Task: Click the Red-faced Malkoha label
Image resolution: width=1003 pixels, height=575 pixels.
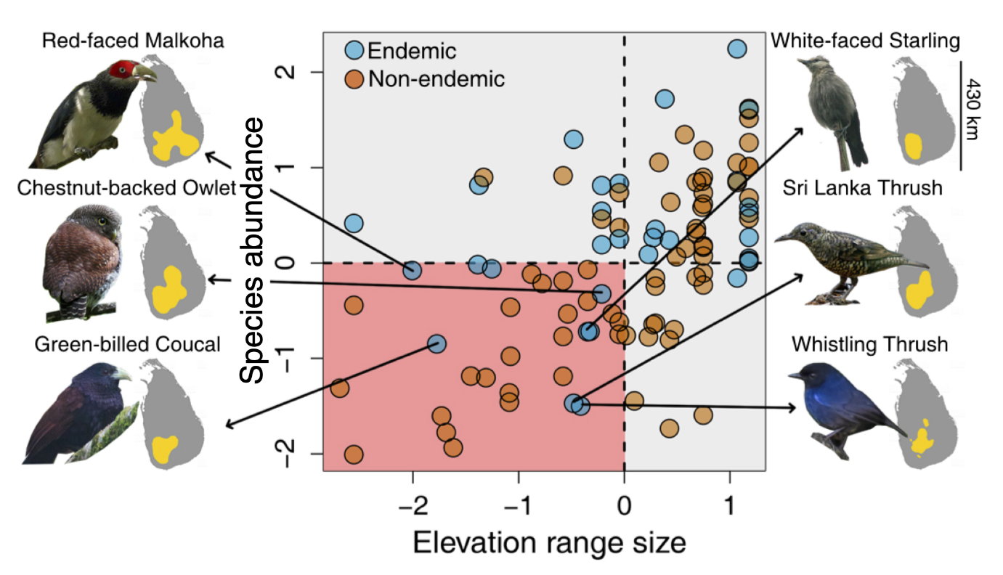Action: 133,40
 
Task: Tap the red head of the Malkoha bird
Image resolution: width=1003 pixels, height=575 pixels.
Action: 121,70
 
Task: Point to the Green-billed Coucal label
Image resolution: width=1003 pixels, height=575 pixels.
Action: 127,344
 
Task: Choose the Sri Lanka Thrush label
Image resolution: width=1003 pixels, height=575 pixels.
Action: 862,187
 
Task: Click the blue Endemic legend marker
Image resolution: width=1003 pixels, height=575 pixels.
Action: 355,51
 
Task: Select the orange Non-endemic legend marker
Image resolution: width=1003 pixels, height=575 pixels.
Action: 355,78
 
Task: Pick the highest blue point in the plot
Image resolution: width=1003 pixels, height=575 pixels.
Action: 737,49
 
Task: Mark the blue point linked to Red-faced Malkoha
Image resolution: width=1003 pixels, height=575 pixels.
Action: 412,271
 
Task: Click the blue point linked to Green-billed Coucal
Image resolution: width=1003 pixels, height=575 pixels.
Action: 436,343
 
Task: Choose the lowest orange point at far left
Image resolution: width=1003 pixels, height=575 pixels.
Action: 354,455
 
